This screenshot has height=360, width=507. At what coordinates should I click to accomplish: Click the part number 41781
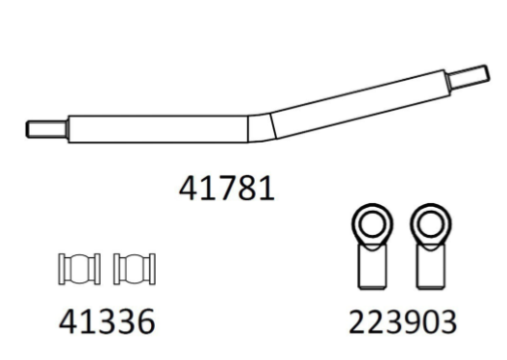coord(227,189)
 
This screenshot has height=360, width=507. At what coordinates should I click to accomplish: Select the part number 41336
coord(107,321)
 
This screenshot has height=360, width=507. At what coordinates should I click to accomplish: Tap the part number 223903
coord(403,321)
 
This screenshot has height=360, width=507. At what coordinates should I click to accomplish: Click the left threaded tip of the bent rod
coord(47,129)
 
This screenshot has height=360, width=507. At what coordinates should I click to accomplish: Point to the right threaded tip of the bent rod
coord(469,77)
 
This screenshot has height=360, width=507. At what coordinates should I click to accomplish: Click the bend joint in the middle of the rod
coord(262,127)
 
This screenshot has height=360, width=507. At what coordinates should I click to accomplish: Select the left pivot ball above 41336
coord(79,270)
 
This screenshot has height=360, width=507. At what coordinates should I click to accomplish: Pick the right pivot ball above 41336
coord(135,270)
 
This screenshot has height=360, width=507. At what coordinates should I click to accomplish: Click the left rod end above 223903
coord(372,246)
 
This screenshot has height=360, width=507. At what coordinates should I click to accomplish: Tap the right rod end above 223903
coord(431,246)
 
